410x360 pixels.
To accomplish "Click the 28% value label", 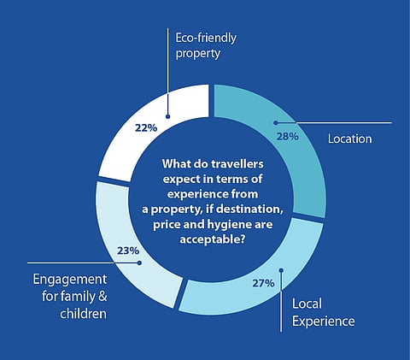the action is pyautogui.click(x=288, y=137).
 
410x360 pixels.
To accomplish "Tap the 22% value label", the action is pyautogui.click(x=146, y=128).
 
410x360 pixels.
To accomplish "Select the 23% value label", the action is pyautogui.click(x=128, y=251).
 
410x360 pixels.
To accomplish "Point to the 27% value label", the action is pyautogui.click(x=263, y=283).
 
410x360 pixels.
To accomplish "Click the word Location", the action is pyautogui.click(x=349, y=139).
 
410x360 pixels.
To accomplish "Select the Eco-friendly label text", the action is pyautogui.click(x=206, y=38).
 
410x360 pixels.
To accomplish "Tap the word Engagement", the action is pyautogui.click(x=70, y=280).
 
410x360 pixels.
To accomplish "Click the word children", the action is pyautogui.click(x=84, y=314).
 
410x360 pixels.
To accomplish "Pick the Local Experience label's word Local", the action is pyautogui.click(x=307, y=304).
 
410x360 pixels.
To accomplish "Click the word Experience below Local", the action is pyautogui.click(x=324, y=322).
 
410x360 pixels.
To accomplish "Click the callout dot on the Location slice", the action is pyautogui.click(x=276, y=123).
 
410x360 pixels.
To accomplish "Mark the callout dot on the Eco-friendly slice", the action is pyautogui.click(x=167, y=116).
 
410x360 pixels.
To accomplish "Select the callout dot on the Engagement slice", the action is pyautogui.click(x=139, y=263).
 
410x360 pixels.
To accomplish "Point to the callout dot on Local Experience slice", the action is pyautogui.click(x=281, y=270).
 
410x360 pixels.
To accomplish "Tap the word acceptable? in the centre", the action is pyautogui.click(x=213, y=239).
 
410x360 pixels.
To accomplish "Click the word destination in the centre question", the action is pyautogui.click(x=249, y=210).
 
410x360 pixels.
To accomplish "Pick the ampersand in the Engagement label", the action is pyautogui.click(x=102, y=297).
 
